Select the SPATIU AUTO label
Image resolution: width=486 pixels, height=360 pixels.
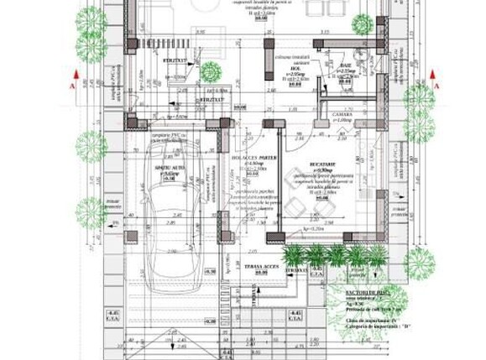[169, 168]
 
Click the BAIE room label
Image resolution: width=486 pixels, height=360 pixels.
[348, 64]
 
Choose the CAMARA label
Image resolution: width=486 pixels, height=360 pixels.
[342, 114]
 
